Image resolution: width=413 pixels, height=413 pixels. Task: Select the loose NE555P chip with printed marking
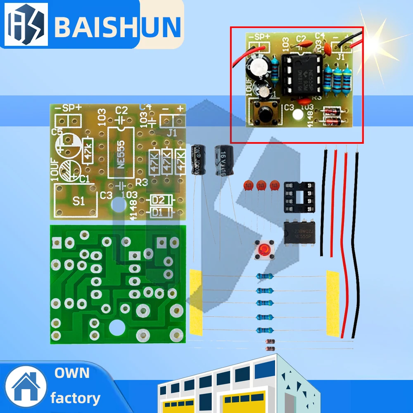click(x=299, y=232)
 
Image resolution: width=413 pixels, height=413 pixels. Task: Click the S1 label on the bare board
click(x=78, y=201)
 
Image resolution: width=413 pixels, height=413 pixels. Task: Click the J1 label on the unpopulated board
click(x=172, y=133)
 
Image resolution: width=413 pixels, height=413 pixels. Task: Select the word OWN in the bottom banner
click(x=72, y=373)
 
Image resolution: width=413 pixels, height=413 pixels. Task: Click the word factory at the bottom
click(x=75, y=398)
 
